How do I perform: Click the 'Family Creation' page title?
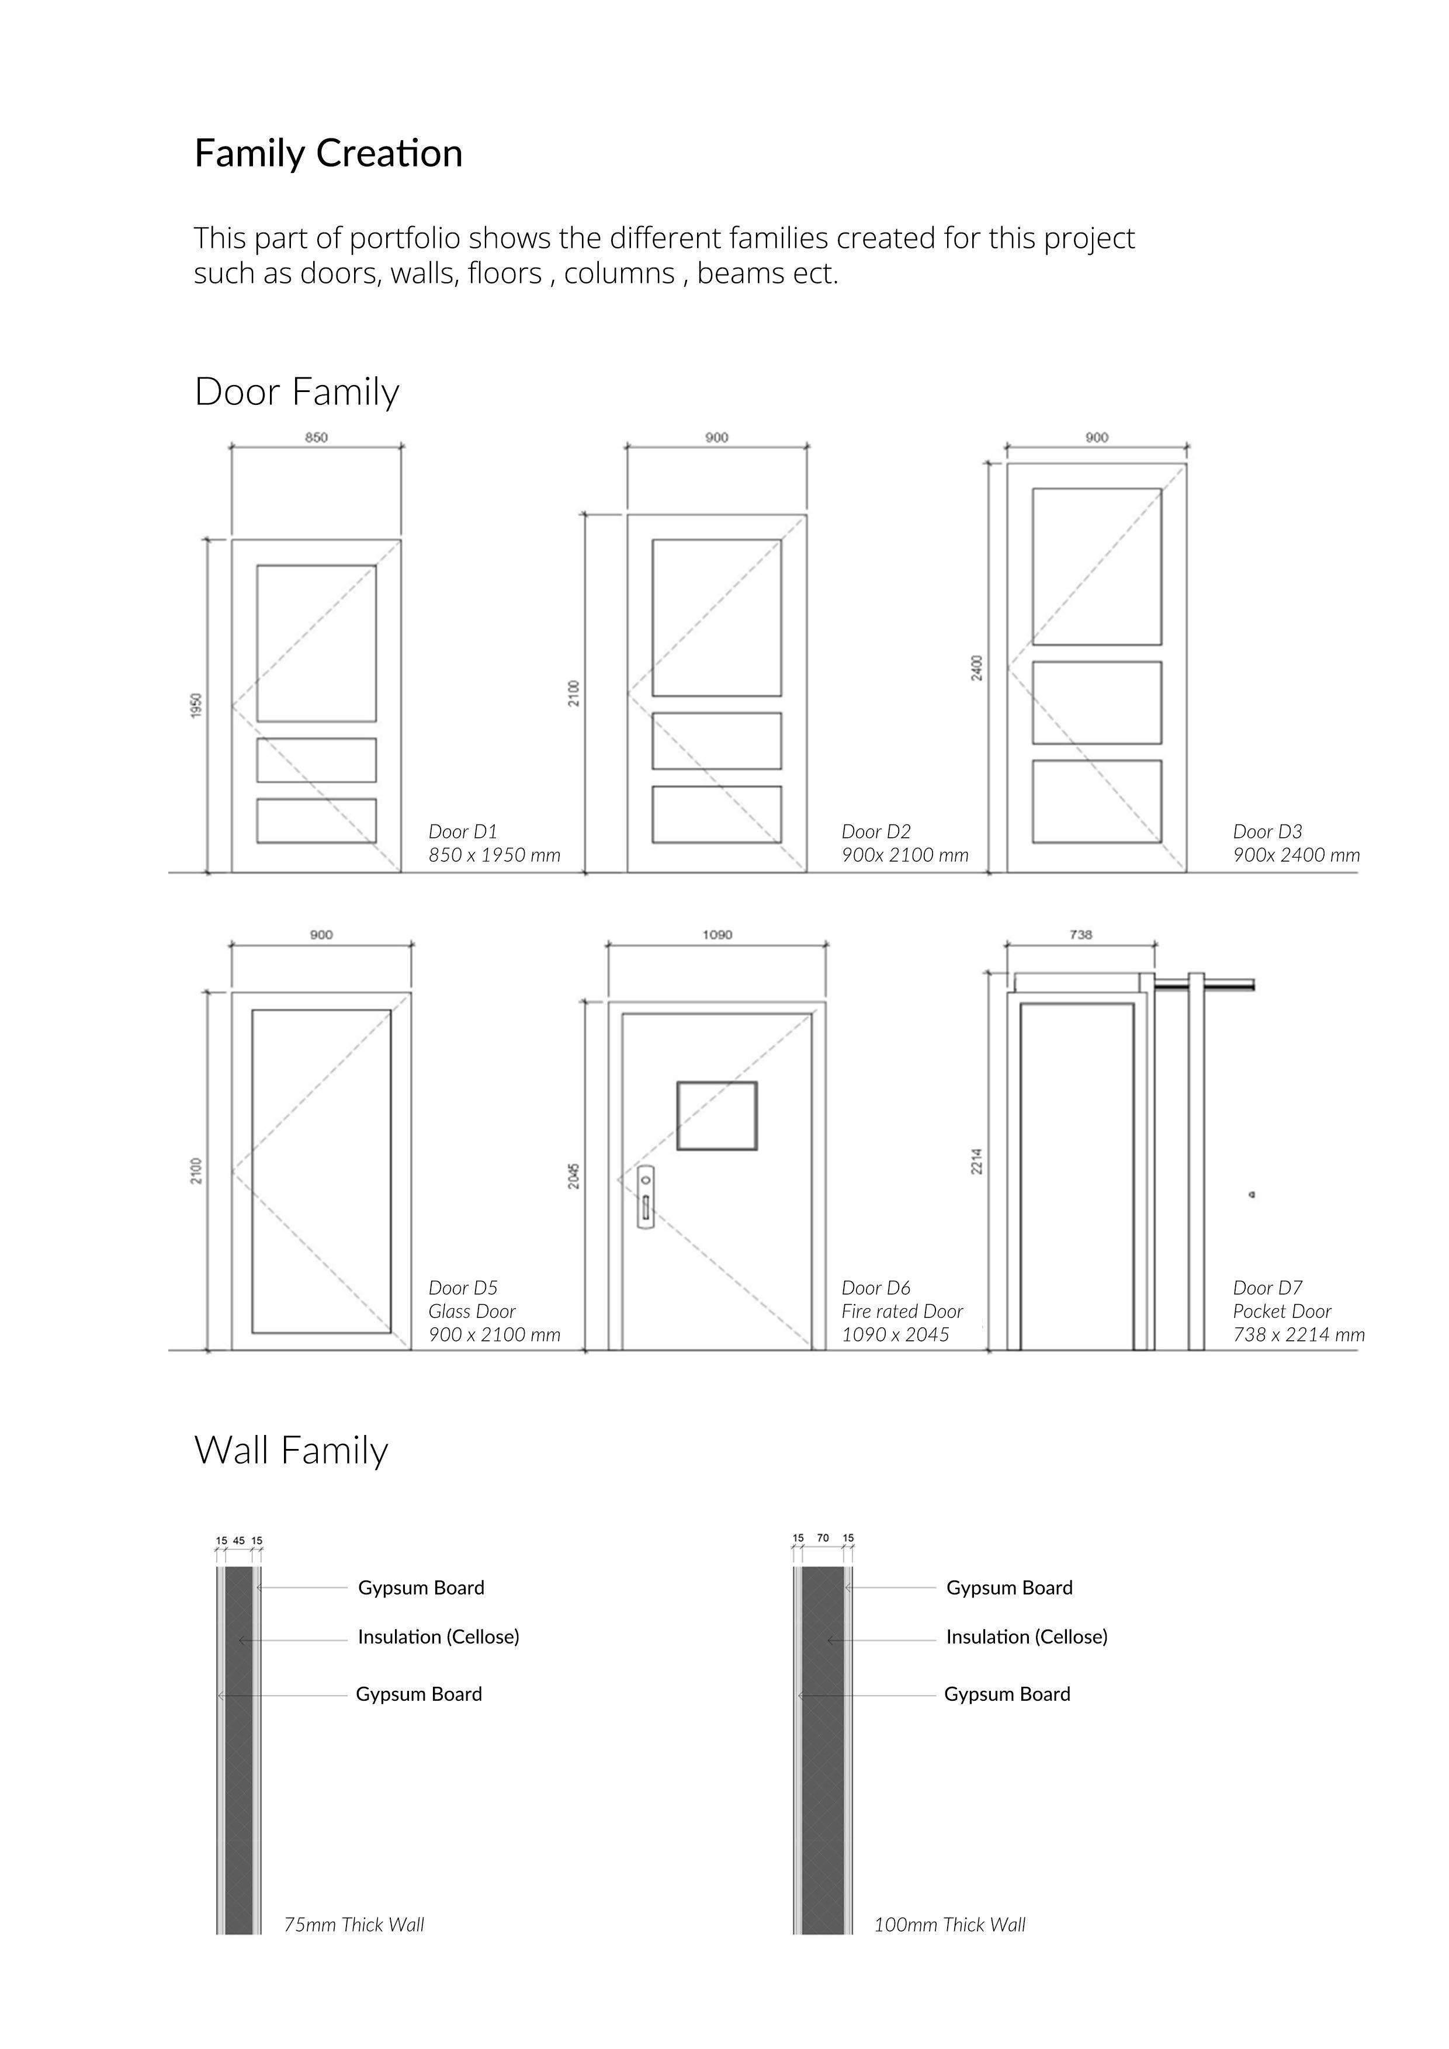point(328,154)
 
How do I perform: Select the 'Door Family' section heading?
point(296,392)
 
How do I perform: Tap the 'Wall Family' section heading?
point(291,1450)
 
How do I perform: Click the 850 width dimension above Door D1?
point(316,437)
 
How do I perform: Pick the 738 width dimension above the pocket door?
point(1080,934)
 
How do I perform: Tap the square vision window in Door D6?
point(716,1115)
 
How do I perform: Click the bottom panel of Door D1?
point(316,820)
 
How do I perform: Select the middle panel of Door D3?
point(1097,702)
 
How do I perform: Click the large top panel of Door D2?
point(716,618)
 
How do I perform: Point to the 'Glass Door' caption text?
point(472,1311)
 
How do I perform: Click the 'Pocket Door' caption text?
point(1281,1311)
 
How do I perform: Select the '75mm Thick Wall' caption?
point(354,1925)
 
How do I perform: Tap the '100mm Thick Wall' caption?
point(949,1925)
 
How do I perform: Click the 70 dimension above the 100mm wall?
point(823,1538)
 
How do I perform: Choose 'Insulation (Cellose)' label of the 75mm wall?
point(438,1637)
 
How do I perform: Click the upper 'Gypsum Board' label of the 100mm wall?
point(1009,1587)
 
